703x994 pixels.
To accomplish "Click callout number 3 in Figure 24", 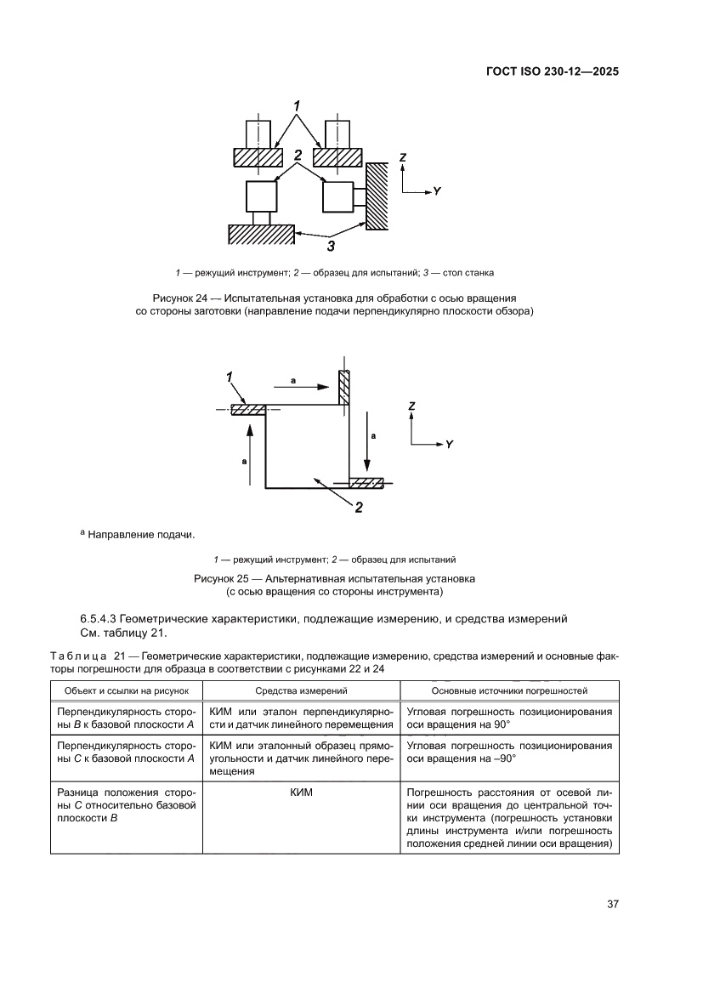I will pos(331,247).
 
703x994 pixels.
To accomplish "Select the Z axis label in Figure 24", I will pos(403,157).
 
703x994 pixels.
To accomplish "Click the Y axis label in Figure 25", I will pos(448,445).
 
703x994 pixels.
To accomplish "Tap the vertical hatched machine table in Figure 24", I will pos(377,196).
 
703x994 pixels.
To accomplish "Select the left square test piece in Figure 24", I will pos(261,196).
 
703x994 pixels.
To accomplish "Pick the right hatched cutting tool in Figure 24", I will pos(337,157).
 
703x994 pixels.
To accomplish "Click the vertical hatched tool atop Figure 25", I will pos(344,388).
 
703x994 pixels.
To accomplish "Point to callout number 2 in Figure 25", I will pos(359,508).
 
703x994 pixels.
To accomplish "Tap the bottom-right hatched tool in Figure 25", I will pos(366,483).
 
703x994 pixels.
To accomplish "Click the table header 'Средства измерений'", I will pos(297,690).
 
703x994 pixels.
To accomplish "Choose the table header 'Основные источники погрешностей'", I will pos(509,690).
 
